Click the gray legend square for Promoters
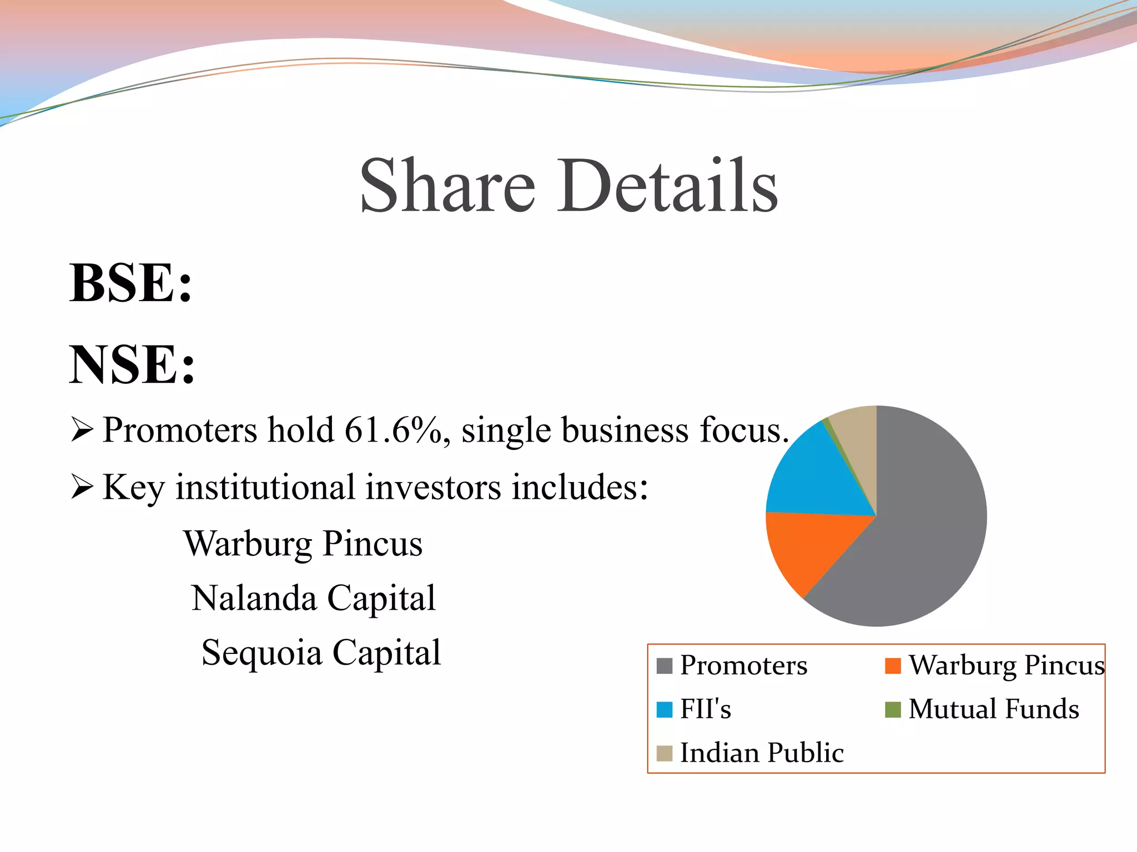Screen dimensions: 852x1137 [x=664, y=665]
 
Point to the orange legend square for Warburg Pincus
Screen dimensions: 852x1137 [x=893, y=665]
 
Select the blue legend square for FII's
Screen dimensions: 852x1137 [x=664, y=709]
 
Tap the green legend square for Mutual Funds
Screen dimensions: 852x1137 [x=893, y=709]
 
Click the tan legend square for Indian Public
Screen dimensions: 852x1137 [x=664, y=753]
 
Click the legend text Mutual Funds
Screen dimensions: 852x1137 [x=994, y=709]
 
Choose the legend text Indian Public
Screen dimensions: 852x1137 [x=762, y=753]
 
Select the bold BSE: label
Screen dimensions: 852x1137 [x=131, y=283]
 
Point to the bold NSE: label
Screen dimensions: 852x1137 [x=132, y=364]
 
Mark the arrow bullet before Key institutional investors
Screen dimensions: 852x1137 [x=82, y=487]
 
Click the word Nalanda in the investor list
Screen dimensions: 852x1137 [x=255, y=598]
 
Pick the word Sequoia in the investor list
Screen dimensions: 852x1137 [x=261, y=653]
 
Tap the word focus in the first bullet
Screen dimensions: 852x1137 [x=744, y=430]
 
